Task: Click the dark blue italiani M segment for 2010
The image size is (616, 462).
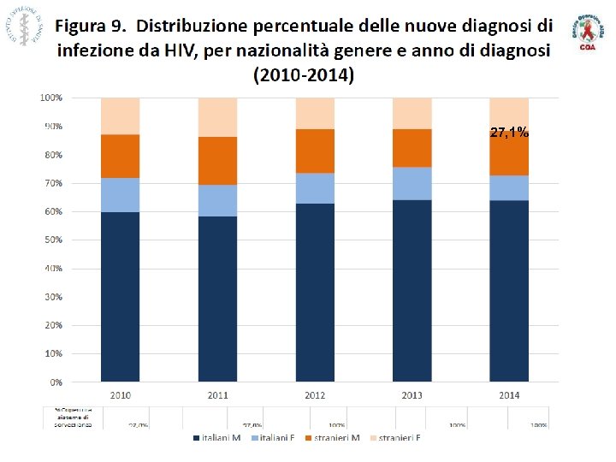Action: [x=120, y=296]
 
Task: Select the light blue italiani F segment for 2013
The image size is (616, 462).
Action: [x=412, y=183]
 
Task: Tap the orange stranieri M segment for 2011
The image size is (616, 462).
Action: [x=217, y=161]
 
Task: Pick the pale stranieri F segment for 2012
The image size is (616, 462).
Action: [x=315, y=113]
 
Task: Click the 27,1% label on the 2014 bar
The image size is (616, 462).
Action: [x=509, y=133]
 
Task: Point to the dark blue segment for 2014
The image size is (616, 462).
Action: [x=509, y=291]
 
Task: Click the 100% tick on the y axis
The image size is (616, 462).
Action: [x=50, y=98]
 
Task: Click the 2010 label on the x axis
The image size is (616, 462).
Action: [x=120, y=394]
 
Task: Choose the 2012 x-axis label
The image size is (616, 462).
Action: [x=315, y=394]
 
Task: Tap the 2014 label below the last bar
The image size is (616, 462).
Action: [x=509, y=394]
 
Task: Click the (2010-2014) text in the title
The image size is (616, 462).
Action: [x=304, y=74]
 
